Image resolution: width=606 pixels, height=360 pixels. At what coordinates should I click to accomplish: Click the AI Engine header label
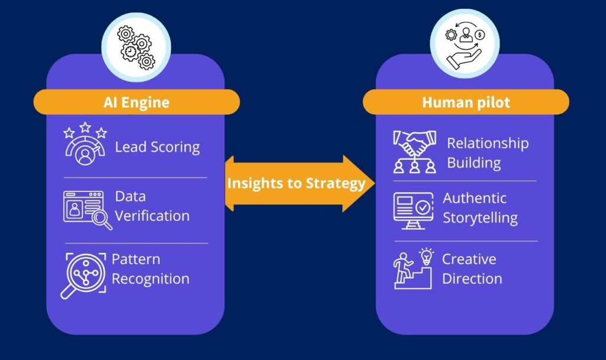click(136, 102)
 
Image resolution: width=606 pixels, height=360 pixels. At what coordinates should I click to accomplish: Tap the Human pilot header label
click(466, 102)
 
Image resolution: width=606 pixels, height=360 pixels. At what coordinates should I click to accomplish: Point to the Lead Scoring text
click(157, 147)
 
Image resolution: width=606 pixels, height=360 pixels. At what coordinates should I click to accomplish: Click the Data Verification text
click(152, 206)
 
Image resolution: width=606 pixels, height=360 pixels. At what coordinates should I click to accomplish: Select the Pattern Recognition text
click(150, 269)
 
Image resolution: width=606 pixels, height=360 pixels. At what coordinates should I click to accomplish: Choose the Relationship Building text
click(487, 153)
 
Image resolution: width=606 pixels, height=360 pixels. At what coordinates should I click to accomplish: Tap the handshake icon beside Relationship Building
click(415, 152)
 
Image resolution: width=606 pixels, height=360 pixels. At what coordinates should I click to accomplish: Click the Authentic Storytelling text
click(480, 208)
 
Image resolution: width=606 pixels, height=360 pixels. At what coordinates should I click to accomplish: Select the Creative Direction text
click(472, 269)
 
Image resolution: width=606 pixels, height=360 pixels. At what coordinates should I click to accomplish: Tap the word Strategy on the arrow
click(335, 184)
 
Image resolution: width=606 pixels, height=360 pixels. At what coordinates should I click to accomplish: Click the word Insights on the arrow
click(256, 184)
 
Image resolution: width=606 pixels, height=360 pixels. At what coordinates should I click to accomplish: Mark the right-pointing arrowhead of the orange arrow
click(360, 184)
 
